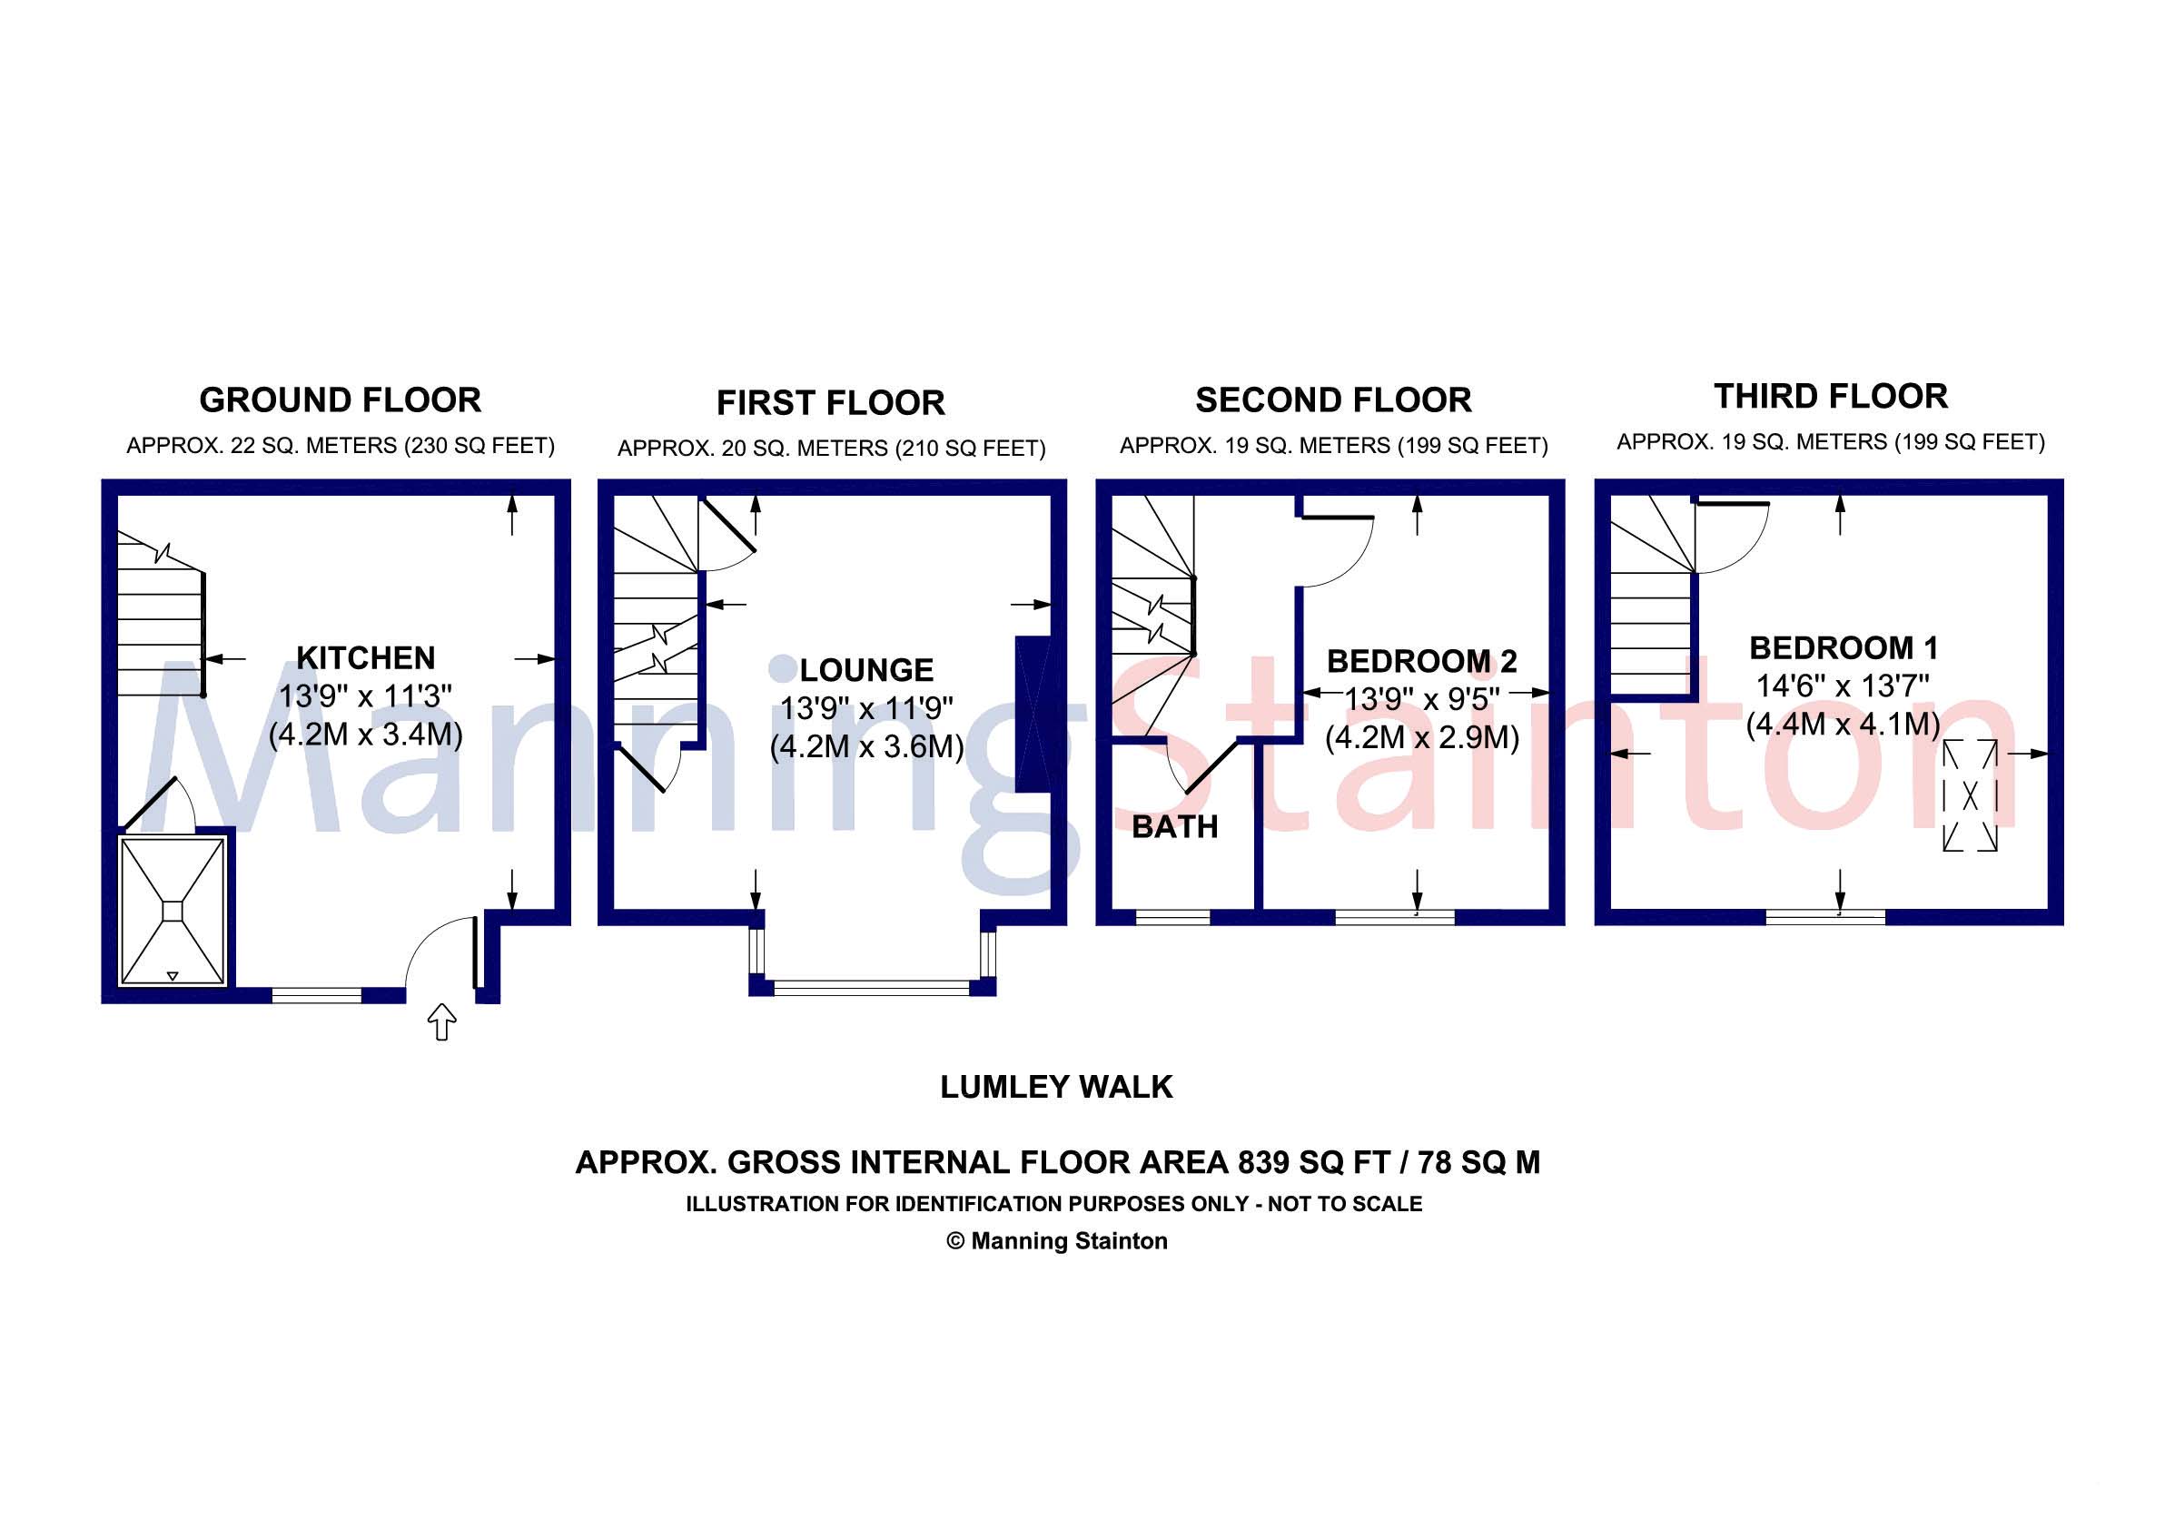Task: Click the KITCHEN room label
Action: coord(366,657)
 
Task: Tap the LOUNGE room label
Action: coord(866,670)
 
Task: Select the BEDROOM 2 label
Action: coord(1422,662)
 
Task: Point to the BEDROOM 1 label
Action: coord(1844,648)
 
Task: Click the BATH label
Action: coord(1175,827)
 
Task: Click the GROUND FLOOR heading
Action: coord(341,400)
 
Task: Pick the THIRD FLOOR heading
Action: coord(1830,397)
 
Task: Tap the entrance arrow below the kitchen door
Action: coord(442,1021)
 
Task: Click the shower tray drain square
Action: coord(173,912)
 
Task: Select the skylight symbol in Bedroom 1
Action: coord(1970,795)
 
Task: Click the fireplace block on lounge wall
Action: coord(1033,715)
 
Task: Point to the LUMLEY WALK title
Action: coord(1056,1087)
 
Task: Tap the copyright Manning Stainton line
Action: coord(1057,1241)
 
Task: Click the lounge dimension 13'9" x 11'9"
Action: coord(866,708)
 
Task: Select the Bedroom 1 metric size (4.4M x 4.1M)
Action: coord(1844,725)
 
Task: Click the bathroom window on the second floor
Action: coord(1173,917)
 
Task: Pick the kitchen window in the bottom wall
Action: coord(317,994)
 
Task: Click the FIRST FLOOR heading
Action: coord(831,403)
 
